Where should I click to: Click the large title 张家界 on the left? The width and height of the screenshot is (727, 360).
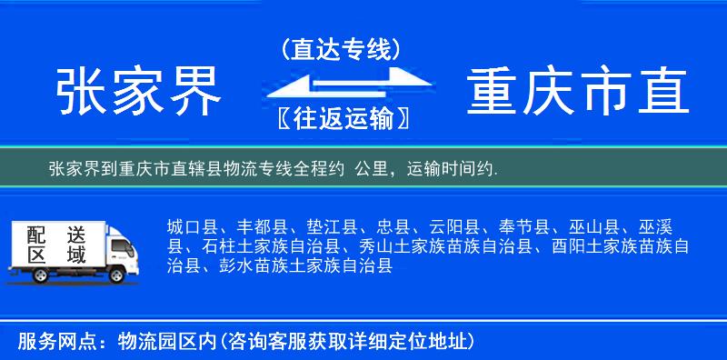139,92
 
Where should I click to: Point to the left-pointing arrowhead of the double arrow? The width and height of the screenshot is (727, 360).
284,89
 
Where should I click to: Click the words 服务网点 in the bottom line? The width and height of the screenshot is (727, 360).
55,342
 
